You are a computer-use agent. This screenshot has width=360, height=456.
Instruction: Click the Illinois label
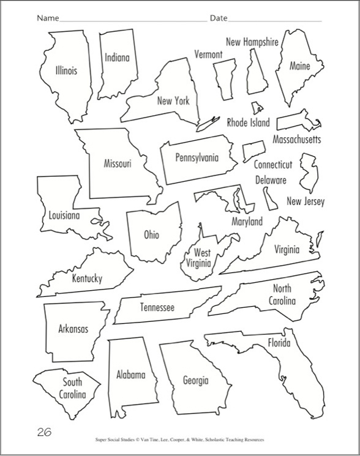pyautogui.click(x=66, y=70)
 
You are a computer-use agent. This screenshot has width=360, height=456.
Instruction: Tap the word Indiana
pyautogui.click(x=117, y=58)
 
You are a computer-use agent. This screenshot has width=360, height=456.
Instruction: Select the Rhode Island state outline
pyautogui.click(x=258, y=108)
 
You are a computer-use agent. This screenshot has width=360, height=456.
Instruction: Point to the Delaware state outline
pyautogui.click(x=268, y=198)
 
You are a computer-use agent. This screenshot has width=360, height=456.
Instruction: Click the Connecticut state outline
pyautogui.click(x=253, y=150)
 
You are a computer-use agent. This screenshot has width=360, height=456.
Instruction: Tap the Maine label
pyautogui.click(x=299, y=65)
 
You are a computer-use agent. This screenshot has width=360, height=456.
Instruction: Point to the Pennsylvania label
pyautogui.click(x=197, y=157)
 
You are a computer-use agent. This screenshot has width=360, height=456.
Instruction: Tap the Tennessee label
pyautogui.click(x=157, y=307)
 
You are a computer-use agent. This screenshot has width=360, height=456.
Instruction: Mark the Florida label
pyautogui.click(x=279, y=343)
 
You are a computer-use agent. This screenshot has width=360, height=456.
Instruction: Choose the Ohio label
pyautogui.click(x=151, y=234)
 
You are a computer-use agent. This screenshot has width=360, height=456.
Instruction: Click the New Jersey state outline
pyautogui.click(x=308, y=172)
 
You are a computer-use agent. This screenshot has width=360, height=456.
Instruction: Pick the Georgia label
pyautogui.click(x=196, y=380)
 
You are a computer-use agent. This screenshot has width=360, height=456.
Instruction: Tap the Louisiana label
pyautogui.click(x=64, y=215)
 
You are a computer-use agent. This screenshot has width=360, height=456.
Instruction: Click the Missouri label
pyautogui.click(x=117, y=164)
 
